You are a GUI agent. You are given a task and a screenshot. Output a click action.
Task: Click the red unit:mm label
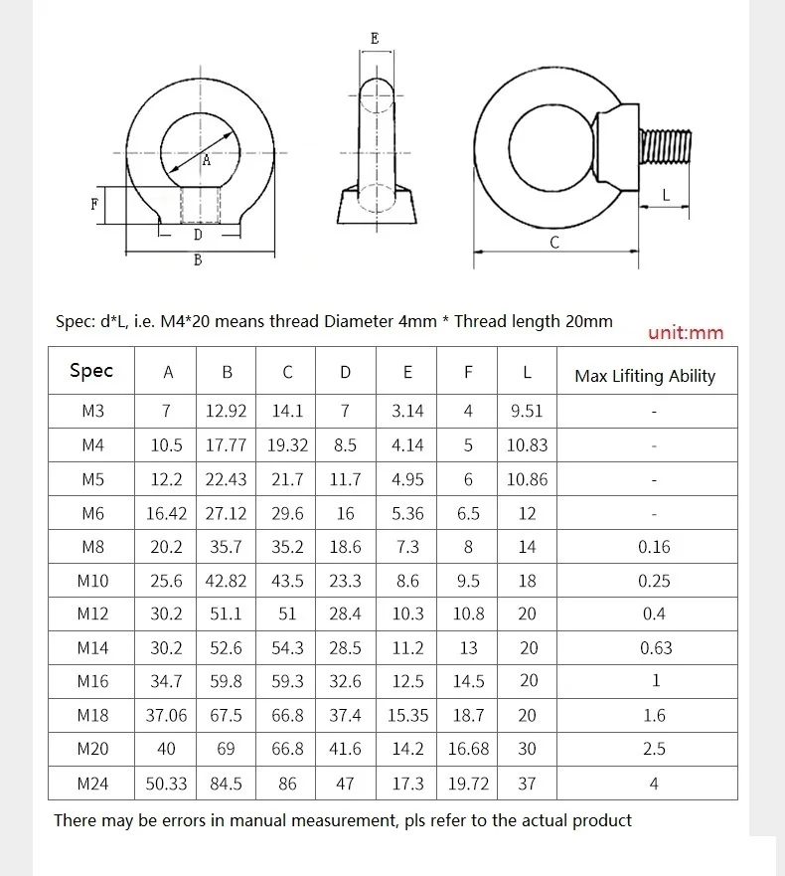point(686,333)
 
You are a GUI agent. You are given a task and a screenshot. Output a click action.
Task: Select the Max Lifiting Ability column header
point(645,376)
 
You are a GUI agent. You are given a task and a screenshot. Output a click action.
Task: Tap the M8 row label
point(92,547)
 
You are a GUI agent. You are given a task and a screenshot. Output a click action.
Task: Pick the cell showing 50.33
point(166,784)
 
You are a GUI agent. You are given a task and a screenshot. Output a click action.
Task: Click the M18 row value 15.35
point(407,716)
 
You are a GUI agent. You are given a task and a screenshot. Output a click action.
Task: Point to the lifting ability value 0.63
point(656,648)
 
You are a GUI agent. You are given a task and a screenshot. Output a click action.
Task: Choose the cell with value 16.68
point(468,749)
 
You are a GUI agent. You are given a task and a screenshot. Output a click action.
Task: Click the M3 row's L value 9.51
point(527,412)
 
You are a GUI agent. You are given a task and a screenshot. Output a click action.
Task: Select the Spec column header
point(91,371)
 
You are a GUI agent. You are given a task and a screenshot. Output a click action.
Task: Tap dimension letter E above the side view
point(375,39)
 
